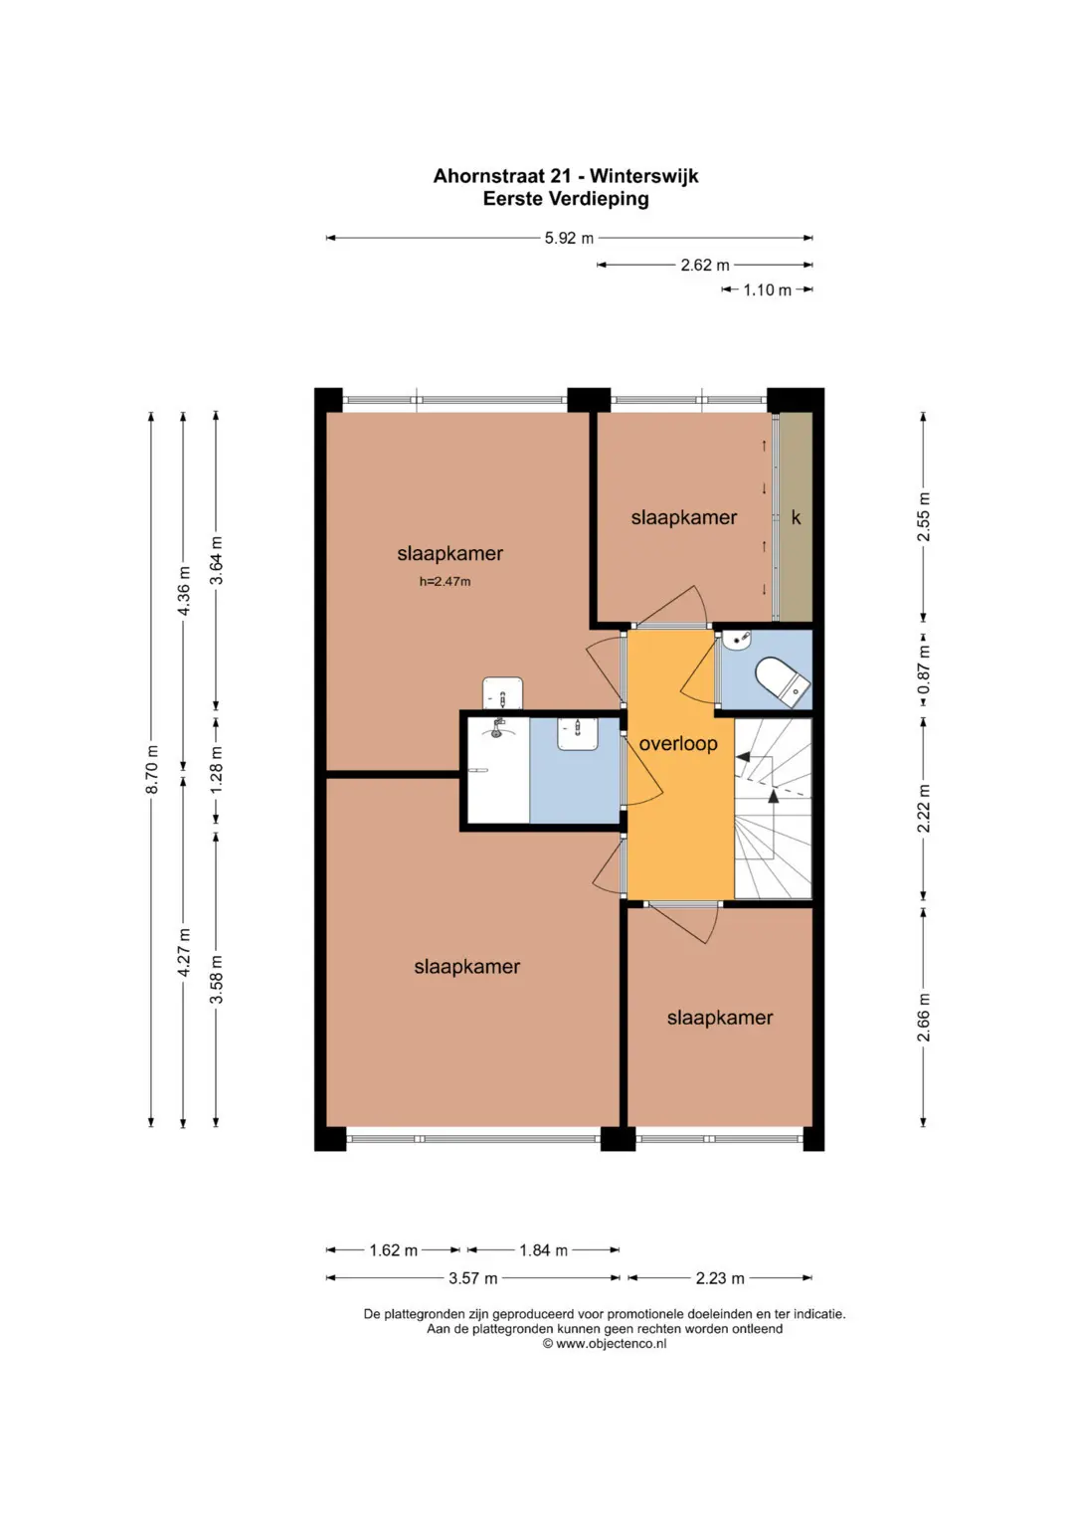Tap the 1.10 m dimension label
tap(767, 290)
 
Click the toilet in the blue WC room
tap(783, 681)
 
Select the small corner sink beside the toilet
tap(737, 640)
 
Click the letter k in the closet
tap(796, 518)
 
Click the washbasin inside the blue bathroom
tap(578, 734)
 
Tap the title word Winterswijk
tap(643, 176)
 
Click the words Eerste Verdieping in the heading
tap(566, 199)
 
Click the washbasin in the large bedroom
tap(502, 693)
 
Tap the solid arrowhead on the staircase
tap(744, 756)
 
